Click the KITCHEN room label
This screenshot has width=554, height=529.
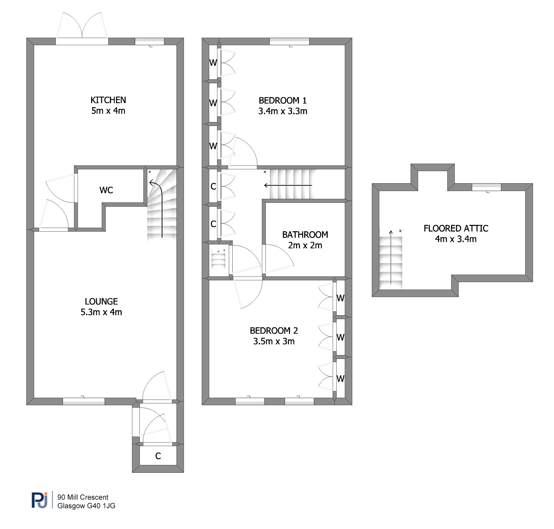[108, 100]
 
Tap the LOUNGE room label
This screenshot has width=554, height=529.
[101, 301]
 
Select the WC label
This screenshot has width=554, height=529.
[106, 190]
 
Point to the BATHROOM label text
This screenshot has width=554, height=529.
[305, 234]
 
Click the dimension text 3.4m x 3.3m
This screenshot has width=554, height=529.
[283, 111]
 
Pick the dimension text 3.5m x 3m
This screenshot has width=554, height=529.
[274, 341]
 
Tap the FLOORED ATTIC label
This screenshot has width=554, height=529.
[456, 228]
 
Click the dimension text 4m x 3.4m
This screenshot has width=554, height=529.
[456, 239]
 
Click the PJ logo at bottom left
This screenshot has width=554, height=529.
[39, 500]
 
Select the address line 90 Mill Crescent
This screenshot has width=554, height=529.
[83, 497]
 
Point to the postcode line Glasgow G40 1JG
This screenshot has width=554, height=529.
[86, 506]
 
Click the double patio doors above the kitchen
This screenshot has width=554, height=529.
[82, 28]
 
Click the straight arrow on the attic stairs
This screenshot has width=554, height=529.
[391, 257]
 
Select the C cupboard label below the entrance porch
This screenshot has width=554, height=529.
[158, 456]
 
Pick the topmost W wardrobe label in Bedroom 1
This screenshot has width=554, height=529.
[213, 63]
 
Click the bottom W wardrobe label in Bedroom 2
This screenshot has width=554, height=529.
[341, 379]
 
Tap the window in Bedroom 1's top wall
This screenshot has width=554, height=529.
[289, 42]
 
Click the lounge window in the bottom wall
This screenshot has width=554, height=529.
[84, 401]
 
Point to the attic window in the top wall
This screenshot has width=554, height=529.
[486, 187]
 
